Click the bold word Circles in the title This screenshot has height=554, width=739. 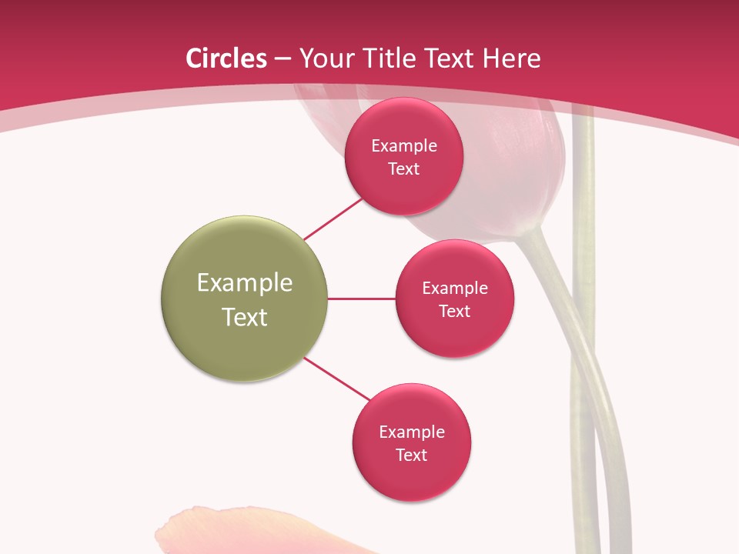pos(226,58)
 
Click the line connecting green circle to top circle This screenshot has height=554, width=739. pos(333,219)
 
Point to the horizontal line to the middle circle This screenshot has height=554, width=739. pos(362,299)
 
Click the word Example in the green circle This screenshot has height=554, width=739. pos(245,283)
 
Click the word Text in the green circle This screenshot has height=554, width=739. pos(245,317)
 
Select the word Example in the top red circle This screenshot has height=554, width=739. pos(404,146)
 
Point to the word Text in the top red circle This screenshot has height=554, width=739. pos(404,169)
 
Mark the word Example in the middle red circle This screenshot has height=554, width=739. pos(455,289)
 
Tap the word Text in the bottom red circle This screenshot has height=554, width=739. pos(412,456)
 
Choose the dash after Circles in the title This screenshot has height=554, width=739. pos(283,59)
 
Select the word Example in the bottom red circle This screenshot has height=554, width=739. pos(412,432)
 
